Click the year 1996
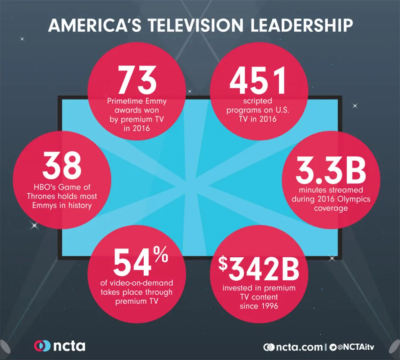[x=268, y=307]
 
